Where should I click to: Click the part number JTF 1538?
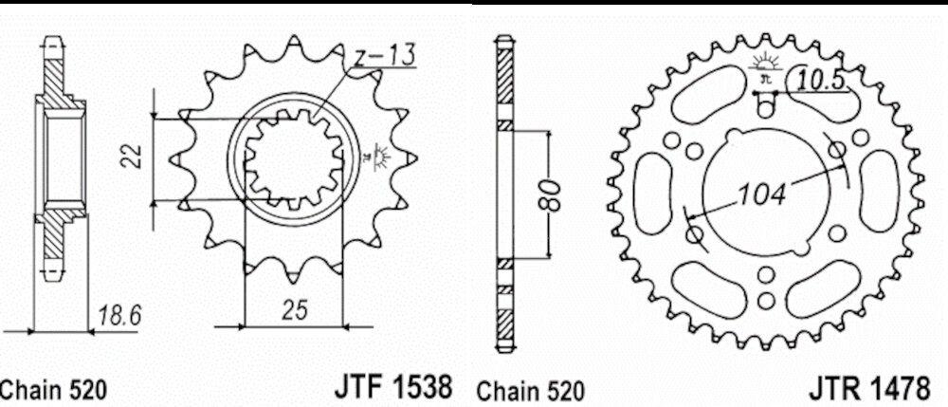pyautogui.click(x=392, y=386)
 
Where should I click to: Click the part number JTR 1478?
pyautogui.click(x=869, y=388)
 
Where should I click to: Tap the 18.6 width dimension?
pyautogui.click(x=118, y=315)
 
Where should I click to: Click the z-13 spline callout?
pyautogui.click(x=385, y=56)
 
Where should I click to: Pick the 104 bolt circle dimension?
pyautogui.click(x=763, y=194)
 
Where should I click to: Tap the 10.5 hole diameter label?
pyautogui.click(x=820, y=81)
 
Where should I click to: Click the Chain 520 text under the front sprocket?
pyautogui.click(x=53, y=390)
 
